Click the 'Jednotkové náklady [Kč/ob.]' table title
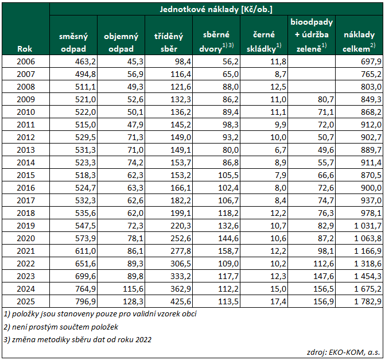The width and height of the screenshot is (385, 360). [x=216, y=9]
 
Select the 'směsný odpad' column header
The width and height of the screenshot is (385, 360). [x=73, y=42]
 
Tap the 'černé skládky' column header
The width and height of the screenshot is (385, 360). [x=264, y=41]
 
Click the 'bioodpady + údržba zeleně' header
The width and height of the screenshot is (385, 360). [x=312, y=35]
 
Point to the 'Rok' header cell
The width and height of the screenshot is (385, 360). [x=25, y=49]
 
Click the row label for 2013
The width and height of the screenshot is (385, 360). [x=26, y=150]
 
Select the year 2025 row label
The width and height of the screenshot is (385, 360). [x=26, y=301]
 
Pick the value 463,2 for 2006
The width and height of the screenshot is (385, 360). [x=85, y=61]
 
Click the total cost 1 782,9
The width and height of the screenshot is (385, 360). [x=368, y=301]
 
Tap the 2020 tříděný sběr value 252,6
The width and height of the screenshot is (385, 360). [x=181, y=238]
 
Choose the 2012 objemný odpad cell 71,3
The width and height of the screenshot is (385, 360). [x=135, y=137]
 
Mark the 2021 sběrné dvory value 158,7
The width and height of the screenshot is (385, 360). [x=228, y=251]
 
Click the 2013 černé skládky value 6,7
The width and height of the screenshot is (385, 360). [x=281, y=150]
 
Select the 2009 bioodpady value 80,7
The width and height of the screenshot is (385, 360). [x=326, y=99]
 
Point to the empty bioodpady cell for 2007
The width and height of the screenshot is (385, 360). [x=312, y=74]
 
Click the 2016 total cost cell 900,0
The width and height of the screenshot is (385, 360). [x=371, y=188]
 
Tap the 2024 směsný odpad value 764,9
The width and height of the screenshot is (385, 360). [x=85, y=289]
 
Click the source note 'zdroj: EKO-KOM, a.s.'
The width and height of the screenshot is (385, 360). [x=343, y=352]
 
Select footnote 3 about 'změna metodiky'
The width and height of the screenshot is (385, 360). [x=77, y=339]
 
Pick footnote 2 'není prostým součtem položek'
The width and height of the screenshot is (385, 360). [x=61, y=327]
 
